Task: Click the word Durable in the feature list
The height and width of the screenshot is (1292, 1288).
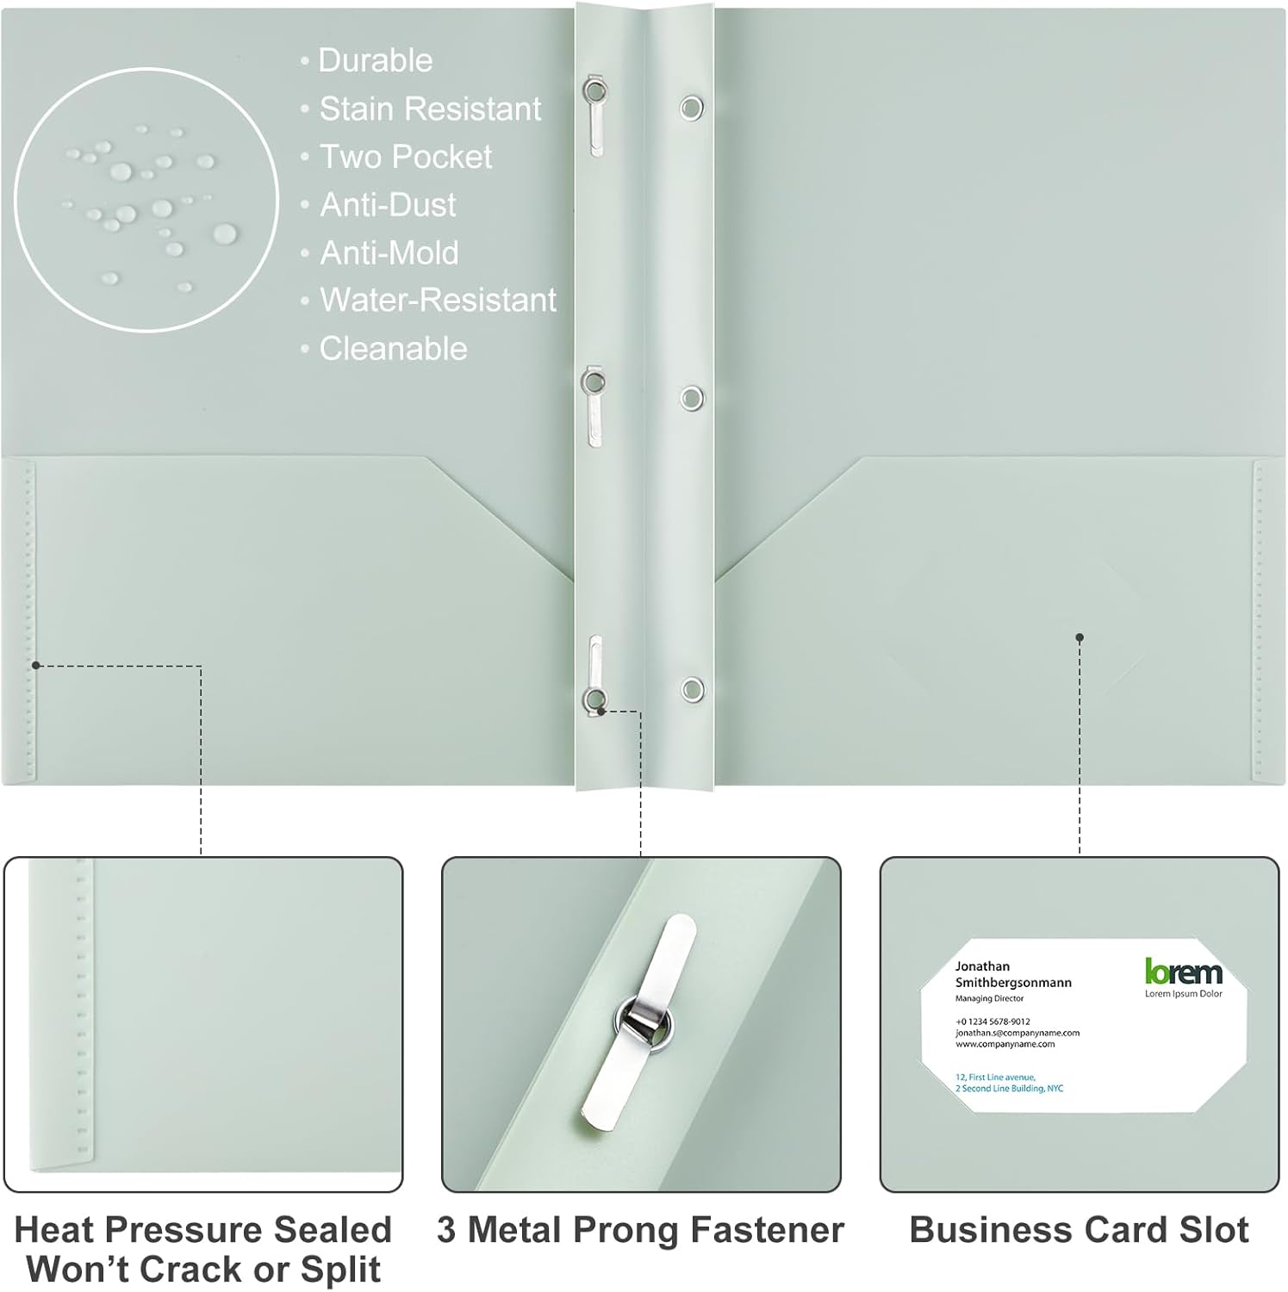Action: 376,60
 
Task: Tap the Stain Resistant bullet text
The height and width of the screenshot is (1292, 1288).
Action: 430,109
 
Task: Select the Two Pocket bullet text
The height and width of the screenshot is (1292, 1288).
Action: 406,157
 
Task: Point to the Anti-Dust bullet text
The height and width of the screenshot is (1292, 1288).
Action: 388,205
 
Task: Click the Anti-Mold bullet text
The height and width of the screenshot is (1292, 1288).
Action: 389,253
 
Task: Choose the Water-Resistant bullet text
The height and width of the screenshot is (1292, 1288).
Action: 438,300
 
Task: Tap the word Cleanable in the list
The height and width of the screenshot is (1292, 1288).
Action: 393,349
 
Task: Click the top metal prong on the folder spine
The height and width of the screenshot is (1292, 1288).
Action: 594,116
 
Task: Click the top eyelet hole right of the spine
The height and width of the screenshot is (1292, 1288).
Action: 691,108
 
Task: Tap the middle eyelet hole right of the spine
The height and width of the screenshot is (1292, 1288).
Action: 691,397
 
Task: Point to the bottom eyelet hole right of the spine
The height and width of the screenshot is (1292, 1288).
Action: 691,689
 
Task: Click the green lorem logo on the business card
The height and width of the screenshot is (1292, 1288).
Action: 1183,972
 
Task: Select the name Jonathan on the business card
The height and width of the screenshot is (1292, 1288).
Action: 982,966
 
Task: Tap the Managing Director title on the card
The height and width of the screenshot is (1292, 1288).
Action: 989,999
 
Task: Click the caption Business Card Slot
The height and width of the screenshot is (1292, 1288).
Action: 1079,1230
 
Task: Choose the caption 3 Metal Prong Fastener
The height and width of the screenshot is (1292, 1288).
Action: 640,1230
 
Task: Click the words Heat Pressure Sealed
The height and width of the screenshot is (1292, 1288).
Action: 203,1230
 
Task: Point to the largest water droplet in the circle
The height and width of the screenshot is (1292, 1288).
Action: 225,233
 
